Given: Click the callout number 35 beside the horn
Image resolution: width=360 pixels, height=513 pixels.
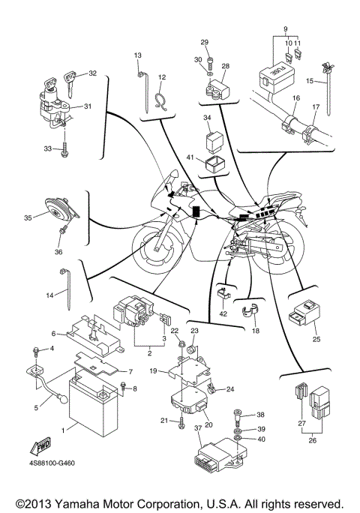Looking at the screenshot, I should tap(28, 218).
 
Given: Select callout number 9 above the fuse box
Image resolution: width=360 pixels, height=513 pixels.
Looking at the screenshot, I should tap(285, 30).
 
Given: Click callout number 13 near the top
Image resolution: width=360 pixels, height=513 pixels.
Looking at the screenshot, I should tap(138, 56).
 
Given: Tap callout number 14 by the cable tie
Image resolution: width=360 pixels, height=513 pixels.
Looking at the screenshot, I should tap(50, 295).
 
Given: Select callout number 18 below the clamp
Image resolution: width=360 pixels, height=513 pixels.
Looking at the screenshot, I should tap(255, 330).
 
